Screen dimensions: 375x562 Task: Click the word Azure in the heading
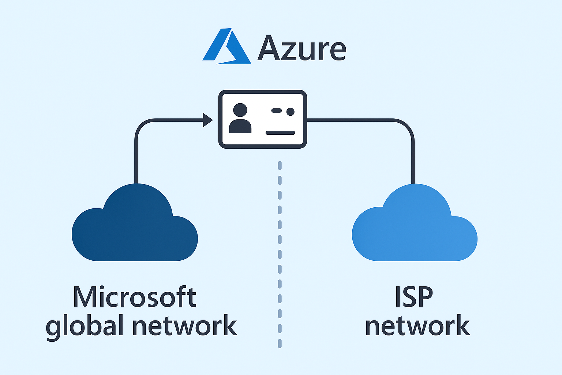(302, 48)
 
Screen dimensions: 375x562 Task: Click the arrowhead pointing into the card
(208, 120)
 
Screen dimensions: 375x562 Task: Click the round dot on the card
(291, 111)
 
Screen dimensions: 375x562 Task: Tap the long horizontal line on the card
(280, 133)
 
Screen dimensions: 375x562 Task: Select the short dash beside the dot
(276, 111)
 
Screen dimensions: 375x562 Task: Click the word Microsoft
(135, 297)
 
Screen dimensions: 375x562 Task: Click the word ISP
(414, 297)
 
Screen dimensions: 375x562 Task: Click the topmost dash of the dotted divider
(280, 166)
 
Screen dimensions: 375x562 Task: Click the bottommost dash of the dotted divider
(280, 343)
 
